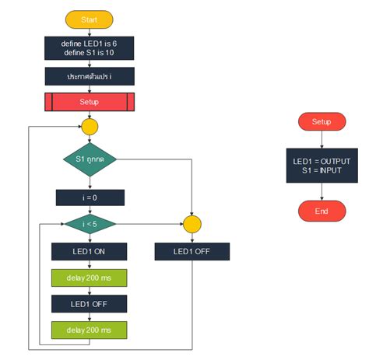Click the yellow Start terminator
click(89, 19)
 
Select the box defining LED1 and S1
click(89, 47)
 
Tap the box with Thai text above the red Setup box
click(89, 76)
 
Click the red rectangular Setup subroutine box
click(89, 102)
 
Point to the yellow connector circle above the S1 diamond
click(90, 127)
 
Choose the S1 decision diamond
click(90, 159)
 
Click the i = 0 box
click(90, 197)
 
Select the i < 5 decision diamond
click(90, 224)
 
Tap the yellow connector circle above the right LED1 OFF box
click(192, 224)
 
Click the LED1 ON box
click(89, 251)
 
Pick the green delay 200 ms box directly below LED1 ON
click(89, 278)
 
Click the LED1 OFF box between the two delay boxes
click(89, 303)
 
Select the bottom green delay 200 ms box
click(89, 330)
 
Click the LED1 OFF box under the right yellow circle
click(192, 251)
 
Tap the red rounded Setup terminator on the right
click(321, 122)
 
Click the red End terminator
click(321, 211)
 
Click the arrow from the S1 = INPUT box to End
click(321, 190)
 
